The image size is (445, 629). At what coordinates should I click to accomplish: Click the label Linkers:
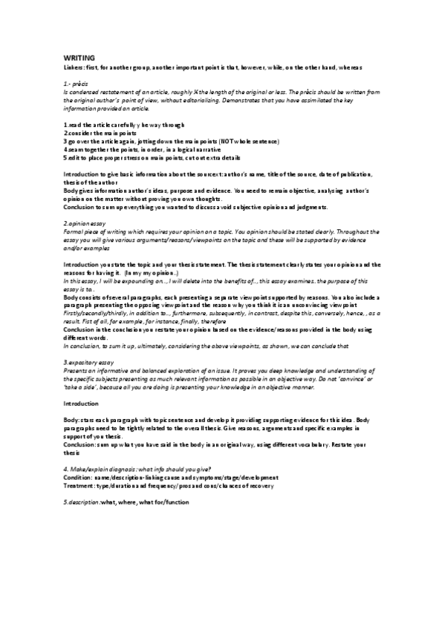[x=74, y=67]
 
